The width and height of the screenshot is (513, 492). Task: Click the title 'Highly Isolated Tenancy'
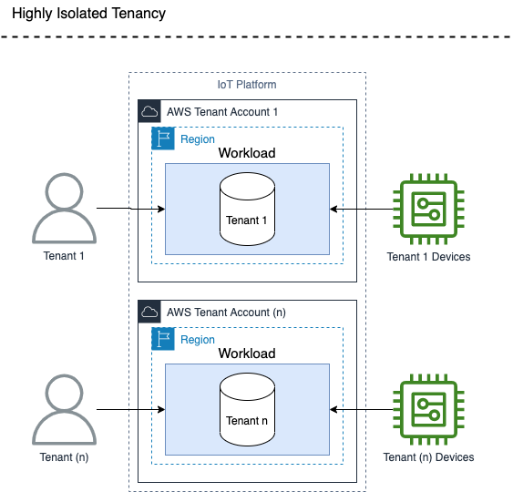tap(88, 14)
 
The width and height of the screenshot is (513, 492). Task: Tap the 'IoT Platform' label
tap(247, 85)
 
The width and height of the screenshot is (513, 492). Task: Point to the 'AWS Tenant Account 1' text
tap(222, 111)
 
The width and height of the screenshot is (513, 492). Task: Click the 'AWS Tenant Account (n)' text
tap(227, 312)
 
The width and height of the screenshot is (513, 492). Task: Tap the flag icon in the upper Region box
tap(163, 138)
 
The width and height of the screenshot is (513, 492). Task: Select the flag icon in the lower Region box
tap(163, 339)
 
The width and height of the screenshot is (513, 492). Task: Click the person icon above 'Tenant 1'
tap(64, 210)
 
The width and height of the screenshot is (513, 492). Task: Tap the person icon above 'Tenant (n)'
tap(64, 410)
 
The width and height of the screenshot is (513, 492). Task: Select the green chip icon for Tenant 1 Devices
tap(428, 210)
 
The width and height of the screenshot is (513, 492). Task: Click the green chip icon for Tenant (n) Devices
tap(428, 410)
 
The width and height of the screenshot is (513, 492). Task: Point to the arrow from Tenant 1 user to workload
tap(130, 210)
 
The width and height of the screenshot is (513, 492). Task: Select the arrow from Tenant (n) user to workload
tap(130, 410)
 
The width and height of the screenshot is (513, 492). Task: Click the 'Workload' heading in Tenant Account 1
tap(247, 153)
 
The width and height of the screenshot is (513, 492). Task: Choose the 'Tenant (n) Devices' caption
tap(428, 456)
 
